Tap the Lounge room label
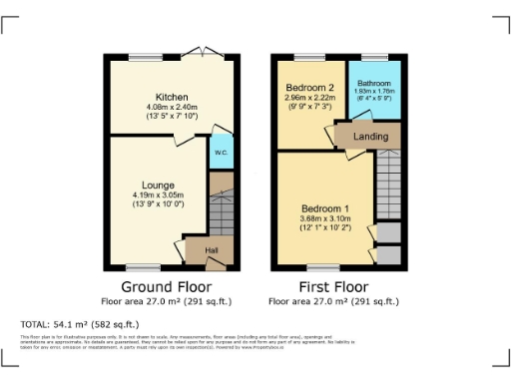point(158,186)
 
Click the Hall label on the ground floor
point(212,250)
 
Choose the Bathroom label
point(374,83)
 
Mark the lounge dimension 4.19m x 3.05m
point(158,196)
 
